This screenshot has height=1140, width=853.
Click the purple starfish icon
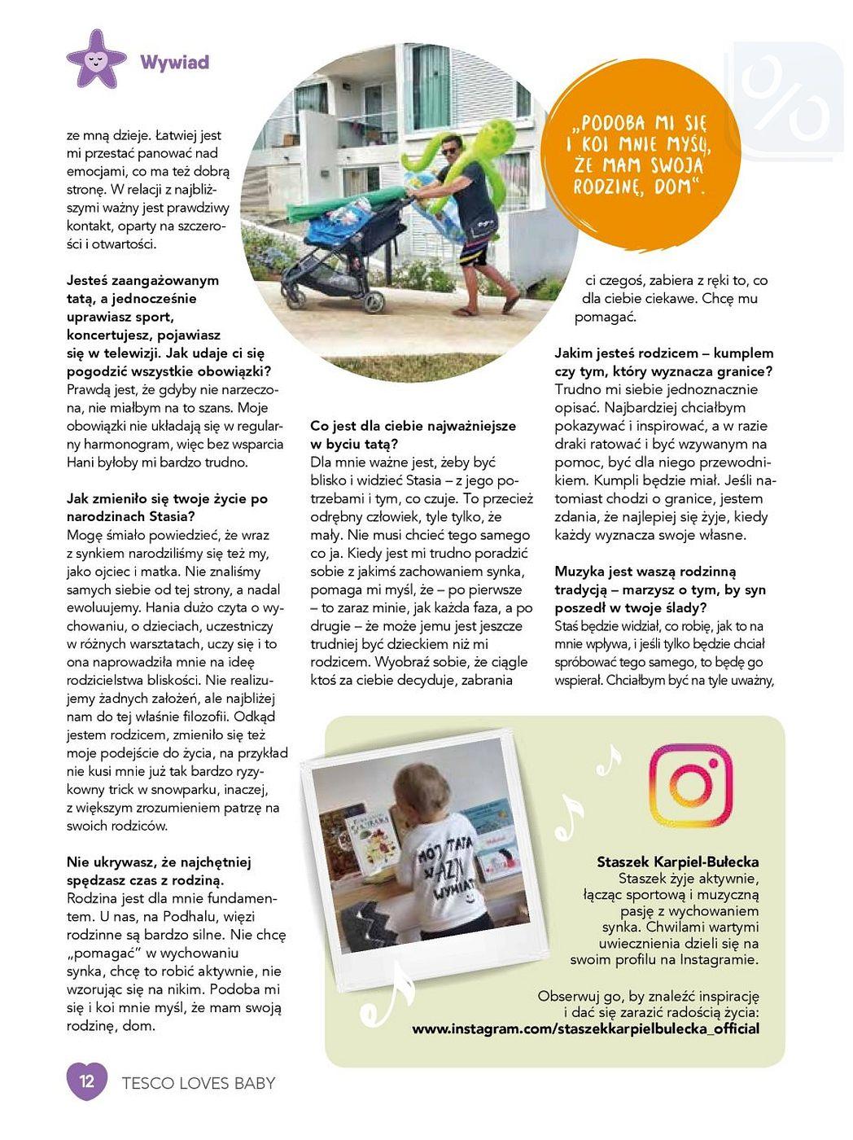[x=96, y=59]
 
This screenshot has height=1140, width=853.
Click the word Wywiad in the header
[x=174, y=63]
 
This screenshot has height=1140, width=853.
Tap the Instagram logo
[x=690, y=784]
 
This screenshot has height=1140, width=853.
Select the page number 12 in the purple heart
[x=87, y=1081]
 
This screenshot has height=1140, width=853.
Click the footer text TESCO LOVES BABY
[x=198, y=1083]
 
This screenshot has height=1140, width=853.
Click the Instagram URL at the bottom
[x=585, y=1028]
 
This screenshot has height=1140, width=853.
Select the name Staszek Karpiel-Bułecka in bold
[x=677, y=861]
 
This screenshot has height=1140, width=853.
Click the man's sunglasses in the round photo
[x=450, y=150]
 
